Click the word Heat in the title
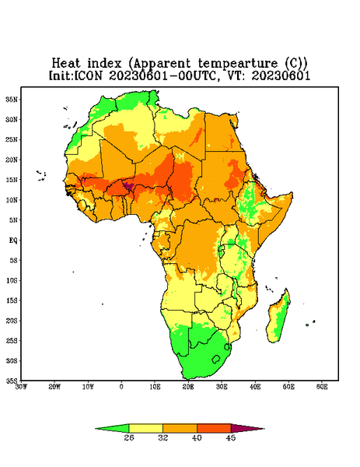click(x=66, y=64)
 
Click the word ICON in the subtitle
click(x=89, y=75)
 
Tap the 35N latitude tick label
click(x=12, y=99)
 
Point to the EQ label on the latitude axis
click(x=13, y=240)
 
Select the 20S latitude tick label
click(x=12, y=321)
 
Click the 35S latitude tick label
click(x=12, y=381)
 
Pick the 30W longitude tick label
click(x=21, y=387)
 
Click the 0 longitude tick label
click(x=121, y=387)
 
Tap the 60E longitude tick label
click(x=322, y=387)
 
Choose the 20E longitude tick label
click(x=188, y=387)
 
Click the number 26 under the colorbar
click(x=129, y=437)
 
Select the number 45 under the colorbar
click(x=231, y=437)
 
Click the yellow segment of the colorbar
click(x=145, y=428)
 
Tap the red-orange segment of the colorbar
click(x=214, y=428)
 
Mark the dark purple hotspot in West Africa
click(x=129, y=186)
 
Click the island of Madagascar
click(x=279, y=317)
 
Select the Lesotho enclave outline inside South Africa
click(x=216, y=359)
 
